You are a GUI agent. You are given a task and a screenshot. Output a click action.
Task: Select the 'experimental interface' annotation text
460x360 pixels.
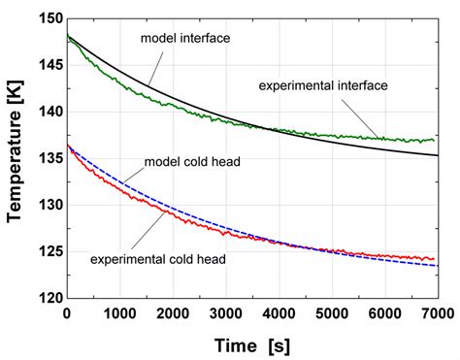(x=323, y=85)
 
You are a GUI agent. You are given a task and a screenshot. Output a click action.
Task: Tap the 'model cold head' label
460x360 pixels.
(x=187, y=160)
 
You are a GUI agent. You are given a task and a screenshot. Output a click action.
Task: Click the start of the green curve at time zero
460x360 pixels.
(x=66, y=36)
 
